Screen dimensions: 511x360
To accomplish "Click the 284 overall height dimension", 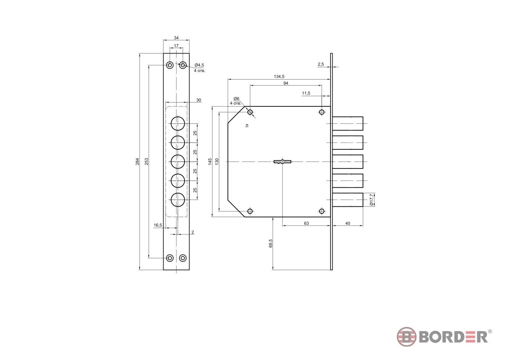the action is click(137, 162).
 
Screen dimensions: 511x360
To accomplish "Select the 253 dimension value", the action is click(146, 162).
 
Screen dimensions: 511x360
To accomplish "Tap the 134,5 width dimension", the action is click(279, 77).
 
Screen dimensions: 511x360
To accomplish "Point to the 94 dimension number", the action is click(286, 83).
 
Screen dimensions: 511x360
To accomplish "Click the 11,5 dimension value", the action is click(306, 93).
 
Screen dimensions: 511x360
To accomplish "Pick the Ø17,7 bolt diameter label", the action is click(371, 200).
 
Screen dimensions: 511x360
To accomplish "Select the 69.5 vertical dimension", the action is click(270, 243).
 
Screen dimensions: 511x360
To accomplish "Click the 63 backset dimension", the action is click(306, 223).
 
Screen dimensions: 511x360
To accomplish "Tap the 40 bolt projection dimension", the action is click(347, 223).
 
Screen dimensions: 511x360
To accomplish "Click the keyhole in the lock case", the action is click(282, 162).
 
